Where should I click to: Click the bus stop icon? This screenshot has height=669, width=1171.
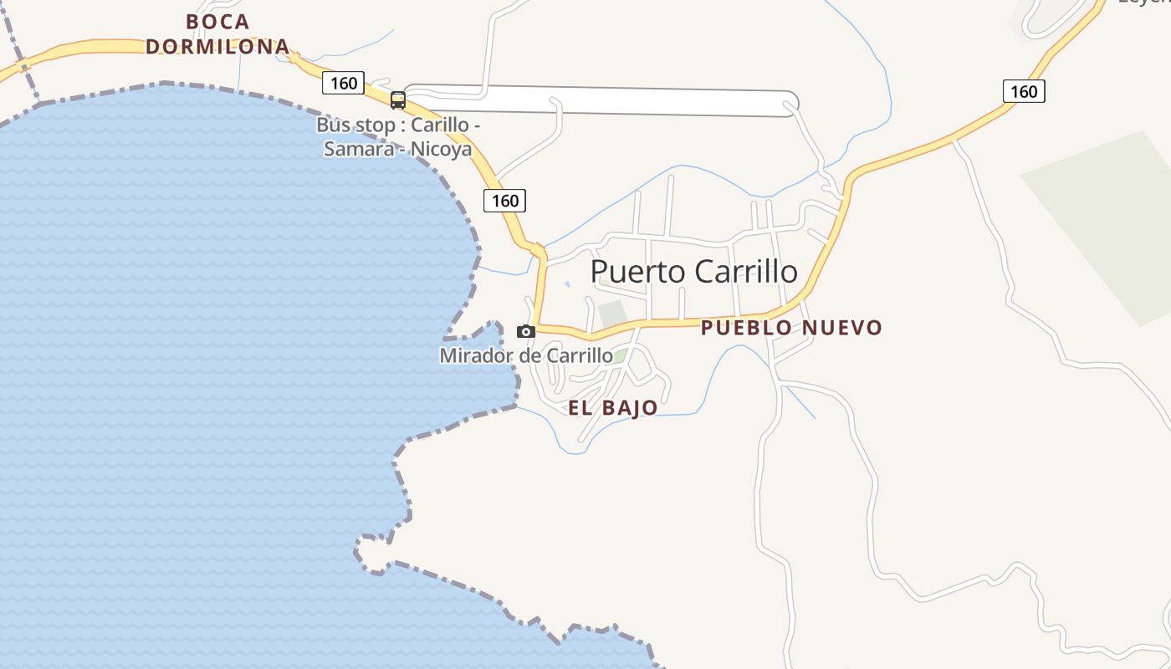398,100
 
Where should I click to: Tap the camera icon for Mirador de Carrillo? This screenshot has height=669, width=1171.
526,331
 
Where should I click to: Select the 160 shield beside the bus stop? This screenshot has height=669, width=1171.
343,83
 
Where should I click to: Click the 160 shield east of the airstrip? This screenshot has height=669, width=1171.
1024,91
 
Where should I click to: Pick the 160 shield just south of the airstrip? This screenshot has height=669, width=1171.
504,201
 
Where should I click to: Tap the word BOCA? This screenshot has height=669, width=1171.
217,22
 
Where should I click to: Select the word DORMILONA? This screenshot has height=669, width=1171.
217,47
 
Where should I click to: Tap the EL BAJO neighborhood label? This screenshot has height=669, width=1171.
612,409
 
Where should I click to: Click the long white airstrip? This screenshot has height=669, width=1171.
636,101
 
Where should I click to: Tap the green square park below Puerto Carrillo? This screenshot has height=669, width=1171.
612,312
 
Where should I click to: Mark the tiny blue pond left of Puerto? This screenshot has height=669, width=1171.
567,284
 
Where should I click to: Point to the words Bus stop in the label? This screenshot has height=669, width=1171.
352,125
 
